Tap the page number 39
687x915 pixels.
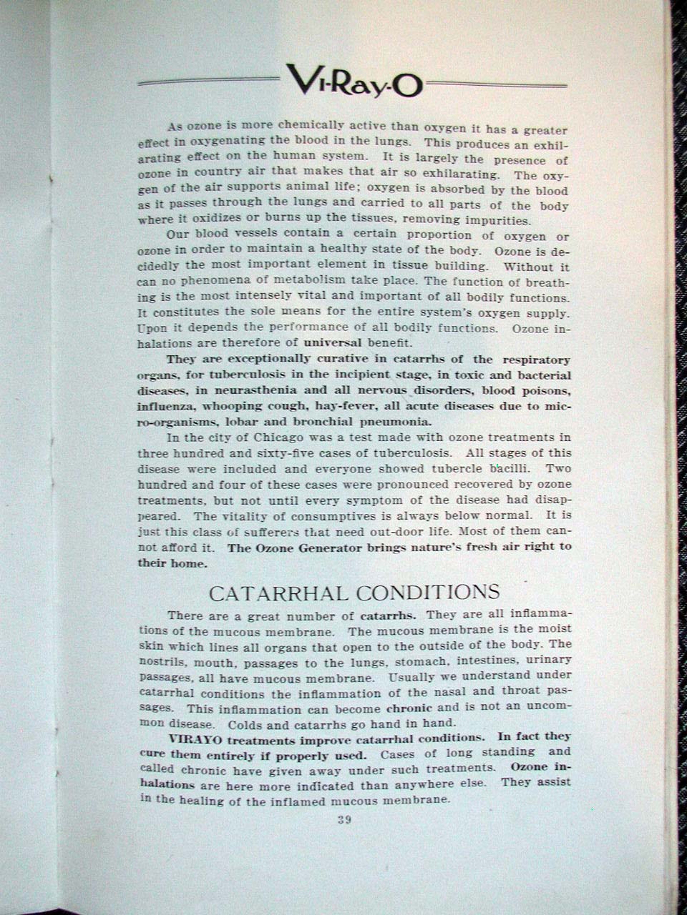[344, 820]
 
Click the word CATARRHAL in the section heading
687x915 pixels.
[278, 593]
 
